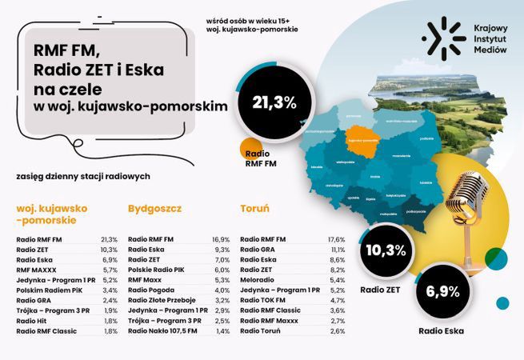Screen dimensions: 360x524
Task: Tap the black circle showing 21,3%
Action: (x=274, y=102)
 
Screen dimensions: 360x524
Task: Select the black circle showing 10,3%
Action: (x=386, y=250)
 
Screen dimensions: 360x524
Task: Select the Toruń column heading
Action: (x=254, y=209)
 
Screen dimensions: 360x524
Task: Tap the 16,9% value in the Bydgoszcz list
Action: (x=221, y=239)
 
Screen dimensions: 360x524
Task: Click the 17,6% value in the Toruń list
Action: (x=336, y=239)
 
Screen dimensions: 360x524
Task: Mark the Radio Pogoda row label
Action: (x=152, y=290)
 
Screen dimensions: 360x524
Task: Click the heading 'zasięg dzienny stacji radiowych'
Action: (x=77, y=175)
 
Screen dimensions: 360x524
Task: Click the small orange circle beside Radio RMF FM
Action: (x=253, y=147)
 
